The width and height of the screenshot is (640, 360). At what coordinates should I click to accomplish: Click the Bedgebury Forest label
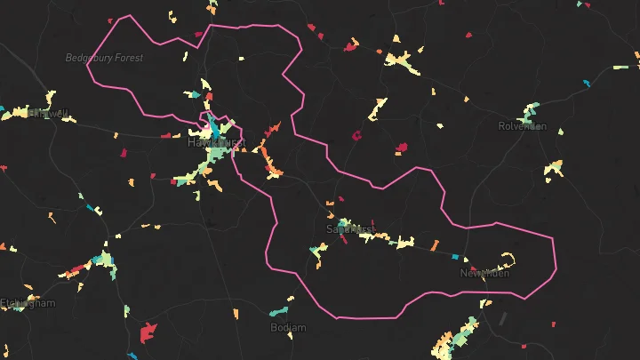tap(104, 58)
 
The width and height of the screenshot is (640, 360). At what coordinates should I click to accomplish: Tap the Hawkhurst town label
tap(215, 141)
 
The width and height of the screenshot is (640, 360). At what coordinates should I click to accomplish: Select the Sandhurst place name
tap(351, 228)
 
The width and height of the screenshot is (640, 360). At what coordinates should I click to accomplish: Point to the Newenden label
tap(484, 273)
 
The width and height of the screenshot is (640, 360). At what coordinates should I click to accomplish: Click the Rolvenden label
tap(523, 126)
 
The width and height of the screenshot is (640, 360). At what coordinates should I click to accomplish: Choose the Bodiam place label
tap(288, 328)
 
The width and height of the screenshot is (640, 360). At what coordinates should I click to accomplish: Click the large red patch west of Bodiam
tap(148, 334)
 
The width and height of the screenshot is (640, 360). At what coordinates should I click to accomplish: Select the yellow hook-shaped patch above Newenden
tap(509, 260)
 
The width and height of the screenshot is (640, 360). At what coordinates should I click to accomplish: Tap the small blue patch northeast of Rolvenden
tap(586, 84)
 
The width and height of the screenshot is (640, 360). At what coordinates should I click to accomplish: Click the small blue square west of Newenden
tap(455, 256)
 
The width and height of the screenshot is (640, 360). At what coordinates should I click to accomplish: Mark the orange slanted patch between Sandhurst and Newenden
tap(435, 244)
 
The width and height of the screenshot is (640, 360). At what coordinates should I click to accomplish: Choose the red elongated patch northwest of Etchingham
tap(77, 268)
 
